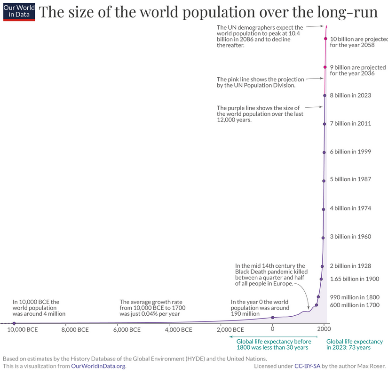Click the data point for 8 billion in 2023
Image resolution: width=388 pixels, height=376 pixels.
tap(325, 96)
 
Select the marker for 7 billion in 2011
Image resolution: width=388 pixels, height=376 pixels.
tap(325, 124)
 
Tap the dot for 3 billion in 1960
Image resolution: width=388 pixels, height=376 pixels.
tap(323, 236)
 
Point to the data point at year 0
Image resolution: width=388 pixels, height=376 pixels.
tap(272, 318)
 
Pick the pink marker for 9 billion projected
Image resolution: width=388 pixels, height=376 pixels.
tap(325, 67)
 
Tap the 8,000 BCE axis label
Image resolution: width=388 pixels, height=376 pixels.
tap(75, 330)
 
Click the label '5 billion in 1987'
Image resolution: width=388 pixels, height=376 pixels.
tap(350, 179)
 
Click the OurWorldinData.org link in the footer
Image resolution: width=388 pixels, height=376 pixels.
tap(98, 366)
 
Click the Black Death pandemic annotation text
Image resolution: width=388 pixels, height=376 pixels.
tap(271, 275)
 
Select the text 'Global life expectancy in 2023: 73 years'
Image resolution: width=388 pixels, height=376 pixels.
tap(355, 344)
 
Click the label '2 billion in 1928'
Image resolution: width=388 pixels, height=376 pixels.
tap(350, 266)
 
